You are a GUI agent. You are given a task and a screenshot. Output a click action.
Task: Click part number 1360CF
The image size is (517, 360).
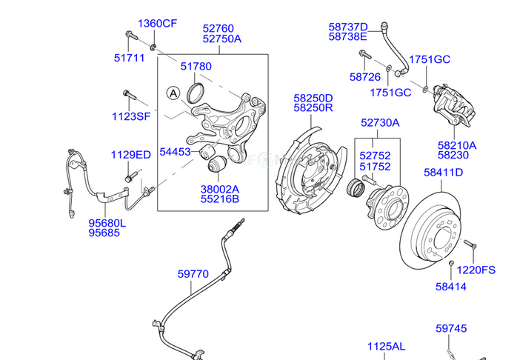tap(157, 24)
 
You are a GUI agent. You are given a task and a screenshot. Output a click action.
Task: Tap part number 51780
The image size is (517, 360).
tap(196, 67)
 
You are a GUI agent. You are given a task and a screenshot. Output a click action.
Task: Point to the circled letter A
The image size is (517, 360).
tap(173, 93)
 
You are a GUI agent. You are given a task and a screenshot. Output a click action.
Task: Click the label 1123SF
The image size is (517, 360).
tap(131, 116)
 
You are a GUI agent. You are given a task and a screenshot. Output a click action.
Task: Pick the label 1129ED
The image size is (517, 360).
tap(131, 155)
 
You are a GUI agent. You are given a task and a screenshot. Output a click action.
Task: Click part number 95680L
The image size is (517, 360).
tap(107, 222)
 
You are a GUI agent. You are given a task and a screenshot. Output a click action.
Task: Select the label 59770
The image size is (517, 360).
tap(193, 274)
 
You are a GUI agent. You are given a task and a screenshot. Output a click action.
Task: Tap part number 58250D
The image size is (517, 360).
tap(313, 98)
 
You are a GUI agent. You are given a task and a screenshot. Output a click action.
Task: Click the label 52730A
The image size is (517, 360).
tap(380, 122)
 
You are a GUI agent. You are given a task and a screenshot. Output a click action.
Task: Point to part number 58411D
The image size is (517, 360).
tap(443, 173)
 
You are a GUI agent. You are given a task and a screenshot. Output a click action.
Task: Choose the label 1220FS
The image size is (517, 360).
tap(475, 270)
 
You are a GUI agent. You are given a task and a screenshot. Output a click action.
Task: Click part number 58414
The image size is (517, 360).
tap(450, 287)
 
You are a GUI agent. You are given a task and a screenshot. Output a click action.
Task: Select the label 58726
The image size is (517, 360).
tap(365, 76)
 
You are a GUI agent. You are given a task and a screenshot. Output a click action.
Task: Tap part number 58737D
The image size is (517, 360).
tap(348, 25)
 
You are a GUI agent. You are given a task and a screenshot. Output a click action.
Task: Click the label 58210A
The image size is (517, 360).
tap(457, 145)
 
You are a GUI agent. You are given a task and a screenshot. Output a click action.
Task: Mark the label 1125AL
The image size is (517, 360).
tap(387, 347)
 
